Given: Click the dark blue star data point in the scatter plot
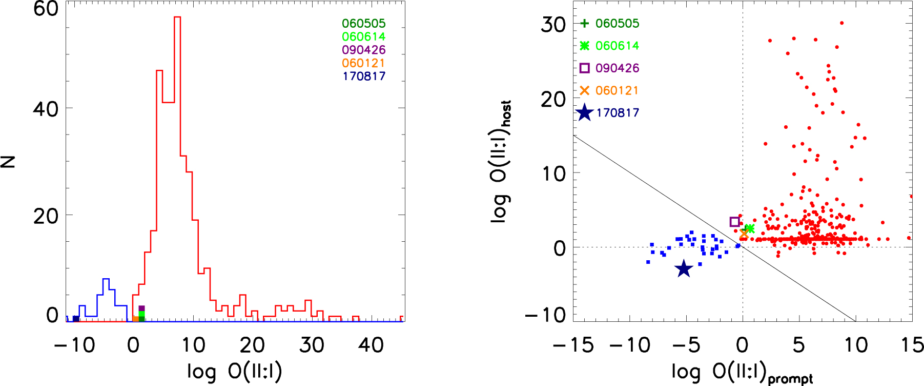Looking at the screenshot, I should (684, 268).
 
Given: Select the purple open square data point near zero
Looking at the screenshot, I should (734, 222).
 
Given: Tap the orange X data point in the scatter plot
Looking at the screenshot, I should (744, 234).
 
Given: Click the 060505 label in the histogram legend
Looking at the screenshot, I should (363, 24).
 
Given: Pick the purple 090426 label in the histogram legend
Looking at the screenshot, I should (363, 50).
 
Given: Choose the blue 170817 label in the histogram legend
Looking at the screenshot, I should (363, 76).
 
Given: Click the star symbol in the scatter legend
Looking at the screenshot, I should (584, 113).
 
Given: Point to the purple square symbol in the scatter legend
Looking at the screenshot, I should (584, 68).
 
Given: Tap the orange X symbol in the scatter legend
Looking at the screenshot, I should (584, 90).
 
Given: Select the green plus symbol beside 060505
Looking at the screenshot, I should (584, 23).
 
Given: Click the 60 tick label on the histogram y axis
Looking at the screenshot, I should (46, 9).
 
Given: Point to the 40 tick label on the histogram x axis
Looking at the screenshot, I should (371, 345).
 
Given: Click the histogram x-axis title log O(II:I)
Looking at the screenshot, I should (234, 371).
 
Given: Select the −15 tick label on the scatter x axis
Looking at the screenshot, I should (573, 345).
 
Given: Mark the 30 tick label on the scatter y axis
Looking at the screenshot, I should (553, 25).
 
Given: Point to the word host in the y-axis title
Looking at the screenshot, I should (506, 113).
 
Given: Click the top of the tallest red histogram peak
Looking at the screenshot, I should (177, 17).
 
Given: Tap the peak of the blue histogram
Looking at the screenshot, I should (106, 279).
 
